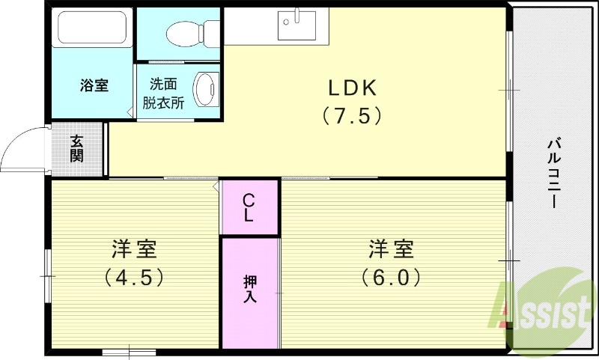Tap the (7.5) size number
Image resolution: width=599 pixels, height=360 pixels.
coord(353,116)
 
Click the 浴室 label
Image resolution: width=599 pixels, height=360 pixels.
coord(94,85)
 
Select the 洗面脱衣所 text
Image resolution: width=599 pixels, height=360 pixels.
coord(166,94)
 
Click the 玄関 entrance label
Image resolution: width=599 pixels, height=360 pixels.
coord(77,148)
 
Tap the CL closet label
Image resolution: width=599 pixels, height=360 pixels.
coord(249,207)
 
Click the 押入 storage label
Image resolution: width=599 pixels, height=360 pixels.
coord(249,289)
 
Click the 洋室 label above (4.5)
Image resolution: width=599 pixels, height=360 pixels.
coord(134,247)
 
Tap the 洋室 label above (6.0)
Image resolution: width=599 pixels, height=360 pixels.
coord(390,247)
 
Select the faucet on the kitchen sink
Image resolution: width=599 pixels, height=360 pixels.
coord(297,16)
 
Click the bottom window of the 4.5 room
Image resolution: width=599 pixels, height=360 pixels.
coord(124,351)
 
